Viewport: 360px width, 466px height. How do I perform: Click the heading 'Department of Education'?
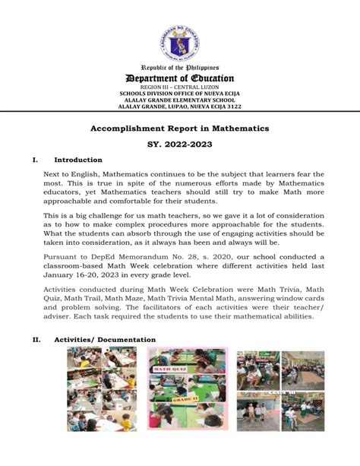point(180,79)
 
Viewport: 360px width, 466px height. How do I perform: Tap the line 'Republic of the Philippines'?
point(180,68)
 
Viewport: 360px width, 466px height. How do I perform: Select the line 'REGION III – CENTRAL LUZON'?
point(180,88)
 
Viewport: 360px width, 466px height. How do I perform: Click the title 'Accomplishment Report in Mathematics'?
point(180,129)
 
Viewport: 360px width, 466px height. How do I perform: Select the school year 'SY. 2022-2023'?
point(180,144)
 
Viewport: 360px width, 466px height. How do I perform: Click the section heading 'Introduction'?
point(78,160)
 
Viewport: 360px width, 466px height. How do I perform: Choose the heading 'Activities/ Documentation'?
point(105,340)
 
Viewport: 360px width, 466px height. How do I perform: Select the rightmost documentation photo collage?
point(279,390)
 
